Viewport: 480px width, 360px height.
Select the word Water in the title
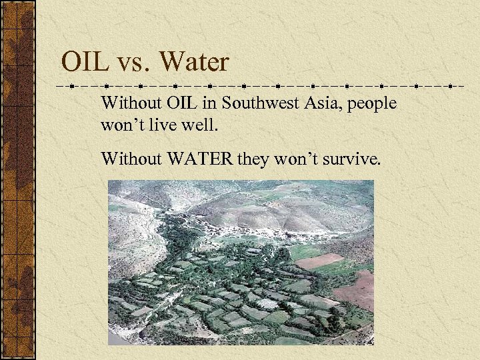tap(194, 63)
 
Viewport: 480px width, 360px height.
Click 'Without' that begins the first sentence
tap(127, 104)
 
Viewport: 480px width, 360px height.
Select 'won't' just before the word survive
tap(295, 159)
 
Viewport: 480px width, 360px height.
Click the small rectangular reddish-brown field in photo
tap(319, 261)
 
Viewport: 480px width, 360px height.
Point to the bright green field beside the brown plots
tap(304, 251)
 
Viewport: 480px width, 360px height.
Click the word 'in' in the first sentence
tap(210, 104)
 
